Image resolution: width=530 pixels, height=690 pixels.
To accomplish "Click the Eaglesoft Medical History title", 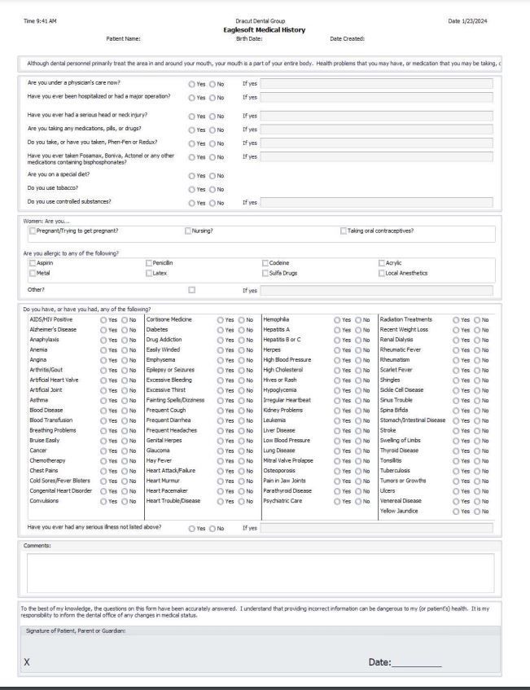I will [x=265, y=30].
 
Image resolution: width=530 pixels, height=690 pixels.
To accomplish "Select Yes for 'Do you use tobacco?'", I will [x=191, y=188].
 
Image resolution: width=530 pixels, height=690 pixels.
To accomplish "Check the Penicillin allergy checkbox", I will [x=149, y=263].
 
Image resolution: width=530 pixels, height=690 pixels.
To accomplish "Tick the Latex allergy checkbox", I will [x=149, y=273].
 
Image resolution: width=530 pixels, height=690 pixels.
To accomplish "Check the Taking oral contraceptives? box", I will [x=342, y=231].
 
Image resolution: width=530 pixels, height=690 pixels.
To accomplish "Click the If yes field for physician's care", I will [x=375, y=83].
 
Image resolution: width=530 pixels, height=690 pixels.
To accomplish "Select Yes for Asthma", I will [x=103, y=400].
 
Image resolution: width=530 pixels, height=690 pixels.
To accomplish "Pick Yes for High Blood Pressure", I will [x=337, y=359].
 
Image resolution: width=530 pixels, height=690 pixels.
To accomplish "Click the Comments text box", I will [x=260, y=573].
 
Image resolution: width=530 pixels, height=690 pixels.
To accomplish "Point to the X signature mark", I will [x=27, y=662].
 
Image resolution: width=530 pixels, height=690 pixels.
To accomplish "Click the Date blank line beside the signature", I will [x=416, y=664].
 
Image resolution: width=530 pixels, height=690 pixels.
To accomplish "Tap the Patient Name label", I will [x=124, y=38].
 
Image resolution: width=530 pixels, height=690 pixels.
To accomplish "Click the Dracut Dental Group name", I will [x=265, y=21].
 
